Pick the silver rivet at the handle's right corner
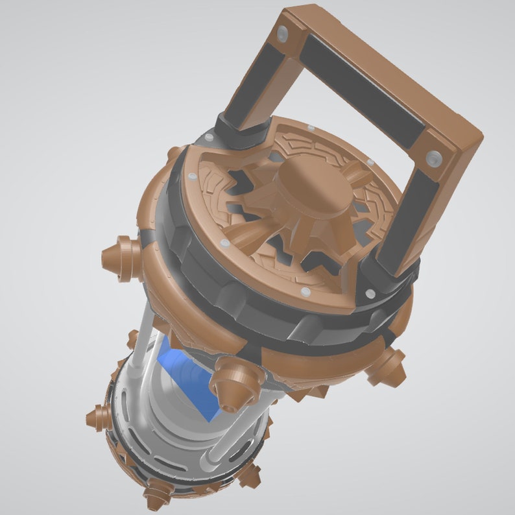433,158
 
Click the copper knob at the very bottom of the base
156,496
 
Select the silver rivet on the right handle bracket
370,293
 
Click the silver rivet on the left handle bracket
208,138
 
